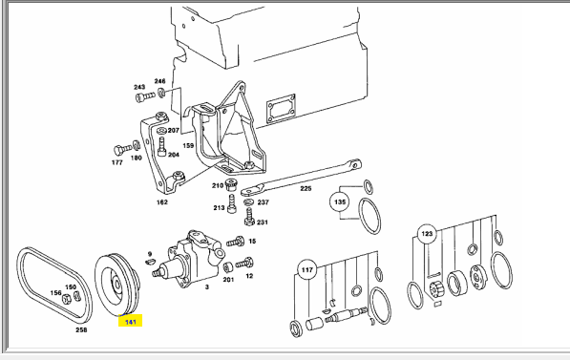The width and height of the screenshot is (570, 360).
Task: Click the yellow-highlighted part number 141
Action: coord(130,321)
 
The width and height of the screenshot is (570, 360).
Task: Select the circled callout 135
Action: coord(340,201)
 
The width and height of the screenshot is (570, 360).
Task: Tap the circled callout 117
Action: coord(307,270)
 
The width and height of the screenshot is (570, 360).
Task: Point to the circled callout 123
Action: coord(427,233)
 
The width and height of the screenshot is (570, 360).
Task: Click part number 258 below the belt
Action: coord(81,329)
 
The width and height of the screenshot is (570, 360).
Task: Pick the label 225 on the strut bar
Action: coord(306,188)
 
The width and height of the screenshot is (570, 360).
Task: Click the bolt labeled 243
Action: coord(145,97)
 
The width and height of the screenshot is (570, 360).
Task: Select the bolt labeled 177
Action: coord(122,150)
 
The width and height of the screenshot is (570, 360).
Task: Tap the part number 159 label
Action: coord(188,145)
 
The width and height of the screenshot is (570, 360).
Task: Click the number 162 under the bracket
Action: coord(161,201)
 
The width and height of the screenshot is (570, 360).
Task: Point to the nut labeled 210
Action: coord(231,184)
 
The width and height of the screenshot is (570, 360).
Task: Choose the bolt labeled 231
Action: coord(249,217)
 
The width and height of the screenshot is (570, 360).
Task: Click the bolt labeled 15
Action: coord(235,242)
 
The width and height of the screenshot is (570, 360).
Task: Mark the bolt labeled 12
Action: coord(243,263)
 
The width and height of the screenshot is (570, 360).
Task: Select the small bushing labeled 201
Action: coord(228,268)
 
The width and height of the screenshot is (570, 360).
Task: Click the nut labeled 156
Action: coord(66,299)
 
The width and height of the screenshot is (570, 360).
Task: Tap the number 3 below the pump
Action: coord(207,286)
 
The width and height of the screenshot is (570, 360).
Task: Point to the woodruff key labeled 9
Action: coord(150,261)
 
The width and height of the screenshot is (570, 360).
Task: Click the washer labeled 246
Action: coord(161,93)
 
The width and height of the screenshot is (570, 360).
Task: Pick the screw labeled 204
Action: coord(161,146)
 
